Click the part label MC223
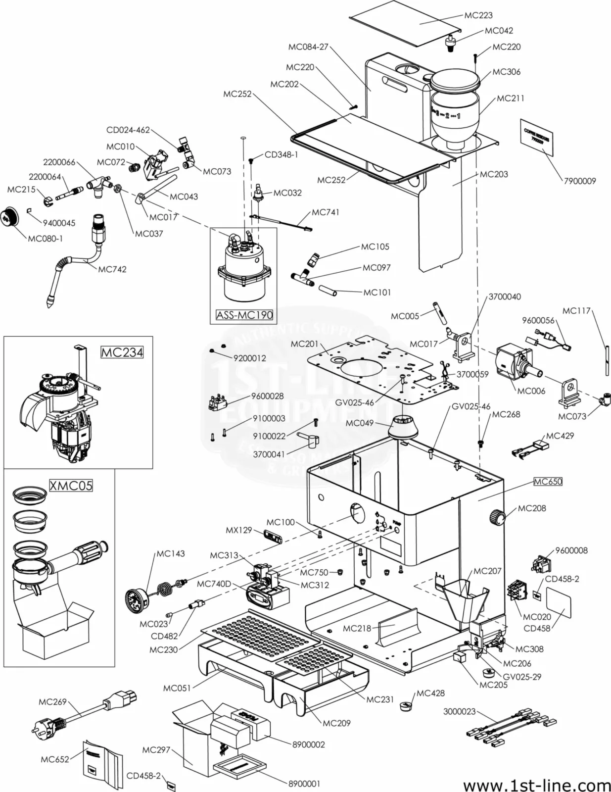click(478, 15)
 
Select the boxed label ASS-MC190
click(244, 315)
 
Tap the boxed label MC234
click(122, 352)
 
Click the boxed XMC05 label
click(71, 486)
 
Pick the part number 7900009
click(580, 181)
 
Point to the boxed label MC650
click(548, 482)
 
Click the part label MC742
click(112, 269)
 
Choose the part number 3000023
click(459, 711)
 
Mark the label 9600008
click(571, 550)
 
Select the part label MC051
click(177, 688)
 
